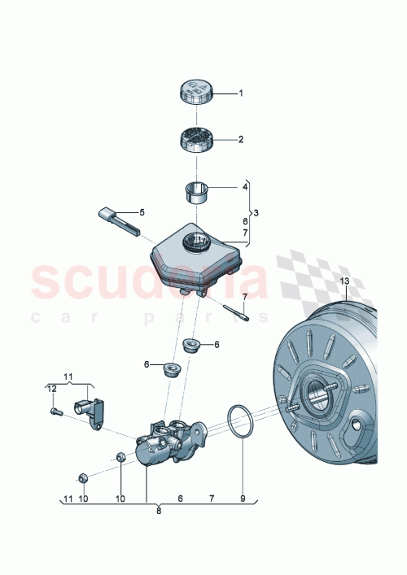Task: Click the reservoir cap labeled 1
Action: coord(195,90)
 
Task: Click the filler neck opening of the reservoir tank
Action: coord(195,242)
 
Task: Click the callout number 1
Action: coord(240,93)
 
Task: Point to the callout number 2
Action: coord(240,139)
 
